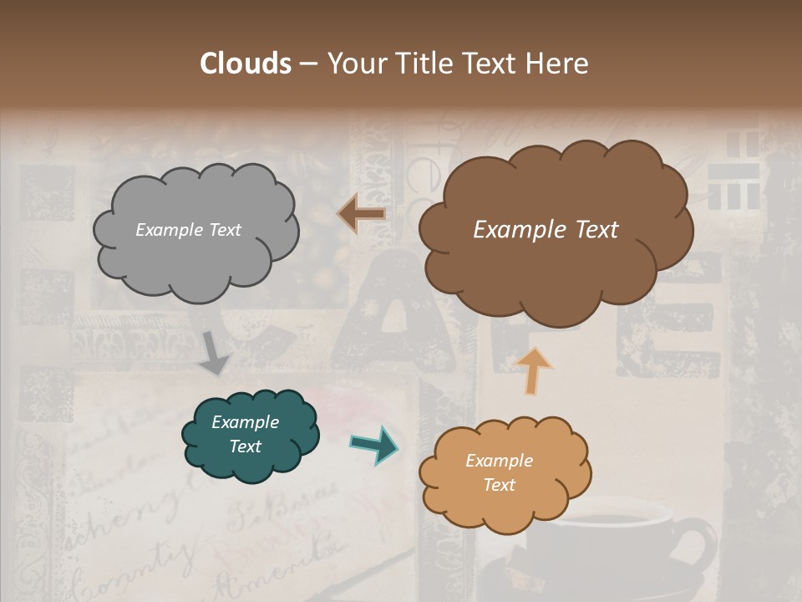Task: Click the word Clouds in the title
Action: coord(246,64)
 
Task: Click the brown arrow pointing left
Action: coord(361,214)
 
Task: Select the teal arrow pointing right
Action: coord(373,444)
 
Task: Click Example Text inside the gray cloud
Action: coord(188,230)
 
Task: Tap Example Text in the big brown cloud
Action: coord(546,230)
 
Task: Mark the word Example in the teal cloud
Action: coord(245,422)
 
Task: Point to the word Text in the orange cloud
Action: coord(499,485)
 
